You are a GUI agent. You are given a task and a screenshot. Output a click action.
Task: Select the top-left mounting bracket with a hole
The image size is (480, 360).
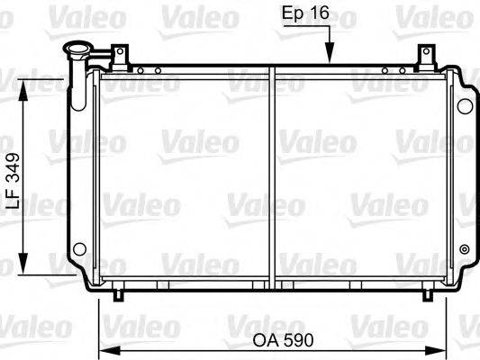click(116, 56)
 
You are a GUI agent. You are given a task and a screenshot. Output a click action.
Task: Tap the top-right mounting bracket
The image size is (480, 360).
click(421, 56)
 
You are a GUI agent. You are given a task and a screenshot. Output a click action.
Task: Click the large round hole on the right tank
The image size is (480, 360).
click(465, 106)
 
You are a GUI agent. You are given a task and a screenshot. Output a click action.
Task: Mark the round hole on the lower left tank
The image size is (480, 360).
click(79, 249)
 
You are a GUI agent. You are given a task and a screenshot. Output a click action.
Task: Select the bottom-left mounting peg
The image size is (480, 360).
click(119, 292)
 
